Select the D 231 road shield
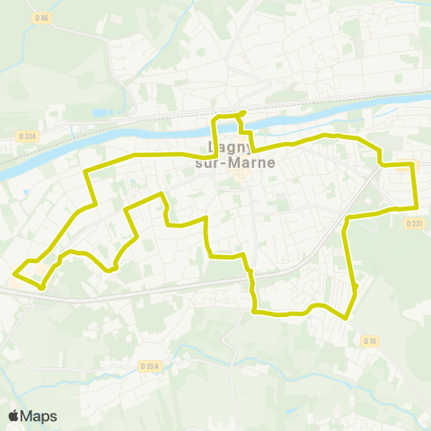coord(413,222)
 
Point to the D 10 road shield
coord(370,340)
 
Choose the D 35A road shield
coord(150,366)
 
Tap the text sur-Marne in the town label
coord(234,163)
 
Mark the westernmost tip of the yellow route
coord(13,272)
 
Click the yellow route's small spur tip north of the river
coord(242,112)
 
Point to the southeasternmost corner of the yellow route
coord(346,318)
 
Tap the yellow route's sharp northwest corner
coord(85,170)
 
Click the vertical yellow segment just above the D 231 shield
coord(415,193)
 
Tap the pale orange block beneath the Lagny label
coord(241,176)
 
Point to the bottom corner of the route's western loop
coord(42,286)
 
